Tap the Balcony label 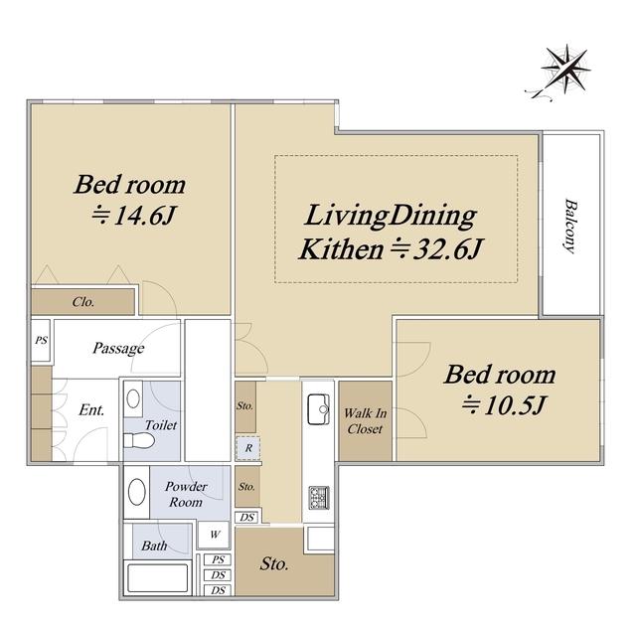pyautogui.click(x=570, y=226)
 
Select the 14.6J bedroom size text pyautogui.click(x=134, y=216)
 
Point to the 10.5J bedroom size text pyautogui.click(x=505, y=405)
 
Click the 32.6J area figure pyautogui.click(x=436, y=249)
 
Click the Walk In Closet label pyautogui.click(x=365, y=421)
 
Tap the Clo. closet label pyautogui.click(x=83, y=302)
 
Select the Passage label pyautogui.click(x=118, y=348)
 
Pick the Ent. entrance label pyautogui.click(x=91, y=409)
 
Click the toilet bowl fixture pyautogui.click(x=139, y=440)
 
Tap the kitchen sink pyautogui.click(x=318, y=409)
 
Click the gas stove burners pyautogui.click(x=319, y=498)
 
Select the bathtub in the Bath pyautogui.click(x=158, y=577)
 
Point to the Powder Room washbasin pyautogui.click(x=137, y=492)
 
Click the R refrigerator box pyautogui.click(x=248, y=448)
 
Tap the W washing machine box pyautogui.click(x=214, y=535)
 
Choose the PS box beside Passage pyautogui.click(x=41, y=340)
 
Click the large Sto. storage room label pyautogui.click(x=274, y=563)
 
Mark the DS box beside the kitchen pyautogui.click(x=246, y=517)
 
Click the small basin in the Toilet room pyautogui.click(x=133, y=398)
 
